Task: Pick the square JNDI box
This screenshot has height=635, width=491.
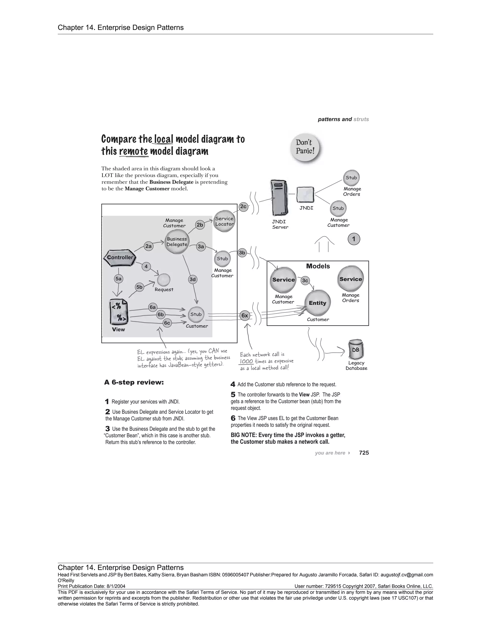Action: (305, 195)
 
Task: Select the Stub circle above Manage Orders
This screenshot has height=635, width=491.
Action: (351, 178)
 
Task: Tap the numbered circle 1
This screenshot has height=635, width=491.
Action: (354, 239)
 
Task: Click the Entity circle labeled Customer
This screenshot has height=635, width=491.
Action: (317, 303)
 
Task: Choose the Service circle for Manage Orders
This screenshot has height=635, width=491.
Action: (351, 279)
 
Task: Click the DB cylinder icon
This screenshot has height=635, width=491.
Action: (356, 350)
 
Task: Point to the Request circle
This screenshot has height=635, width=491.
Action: (164, 279)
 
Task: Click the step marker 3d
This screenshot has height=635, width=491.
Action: (193, 279)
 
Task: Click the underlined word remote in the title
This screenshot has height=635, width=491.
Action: (134, 151)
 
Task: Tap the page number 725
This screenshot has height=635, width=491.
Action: (364, 453)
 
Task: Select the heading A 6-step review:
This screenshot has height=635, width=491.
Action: (134, 382)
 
